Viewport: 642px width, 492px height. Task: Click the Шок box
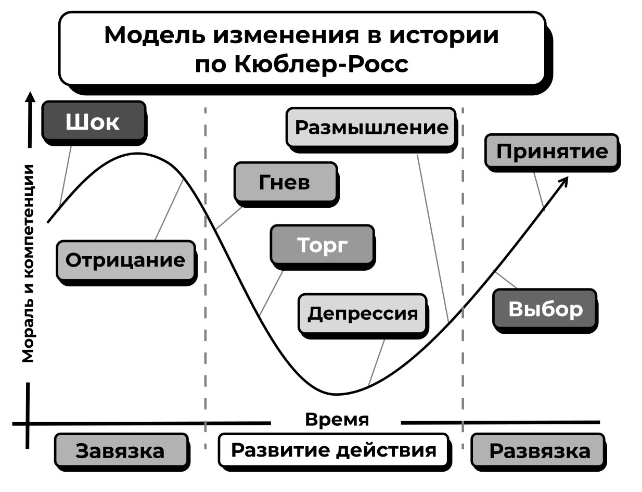click(x=93, y=122)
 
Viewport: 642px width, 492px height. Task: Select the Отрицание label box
click(x=125, y=260)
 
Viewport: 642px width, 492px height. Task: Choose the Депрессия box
click(x=363, y=313)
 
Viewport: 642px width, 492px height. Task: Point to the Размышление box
click(x=371, y=127)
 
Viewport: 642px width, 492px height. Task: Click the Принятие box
click(x=551, y=152)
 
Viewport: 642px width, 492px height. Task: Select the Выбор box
click(x=545, y=310)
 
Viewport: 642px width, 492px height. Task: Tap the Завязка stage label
click(x=120, y=451)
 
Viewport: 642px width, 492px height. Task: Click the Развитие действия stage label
click(x=333, y=450)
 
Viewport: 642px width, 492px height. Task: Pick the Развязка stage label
click(x=540, y=451)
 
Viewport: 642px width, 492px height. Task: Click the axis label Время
click(x=337, y=419)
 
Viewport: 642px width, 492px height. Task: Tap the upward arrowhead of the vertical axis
click(x=31, y=98)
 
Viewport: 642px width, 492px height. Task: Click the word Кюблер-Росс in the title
click(x=322, y=65)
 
